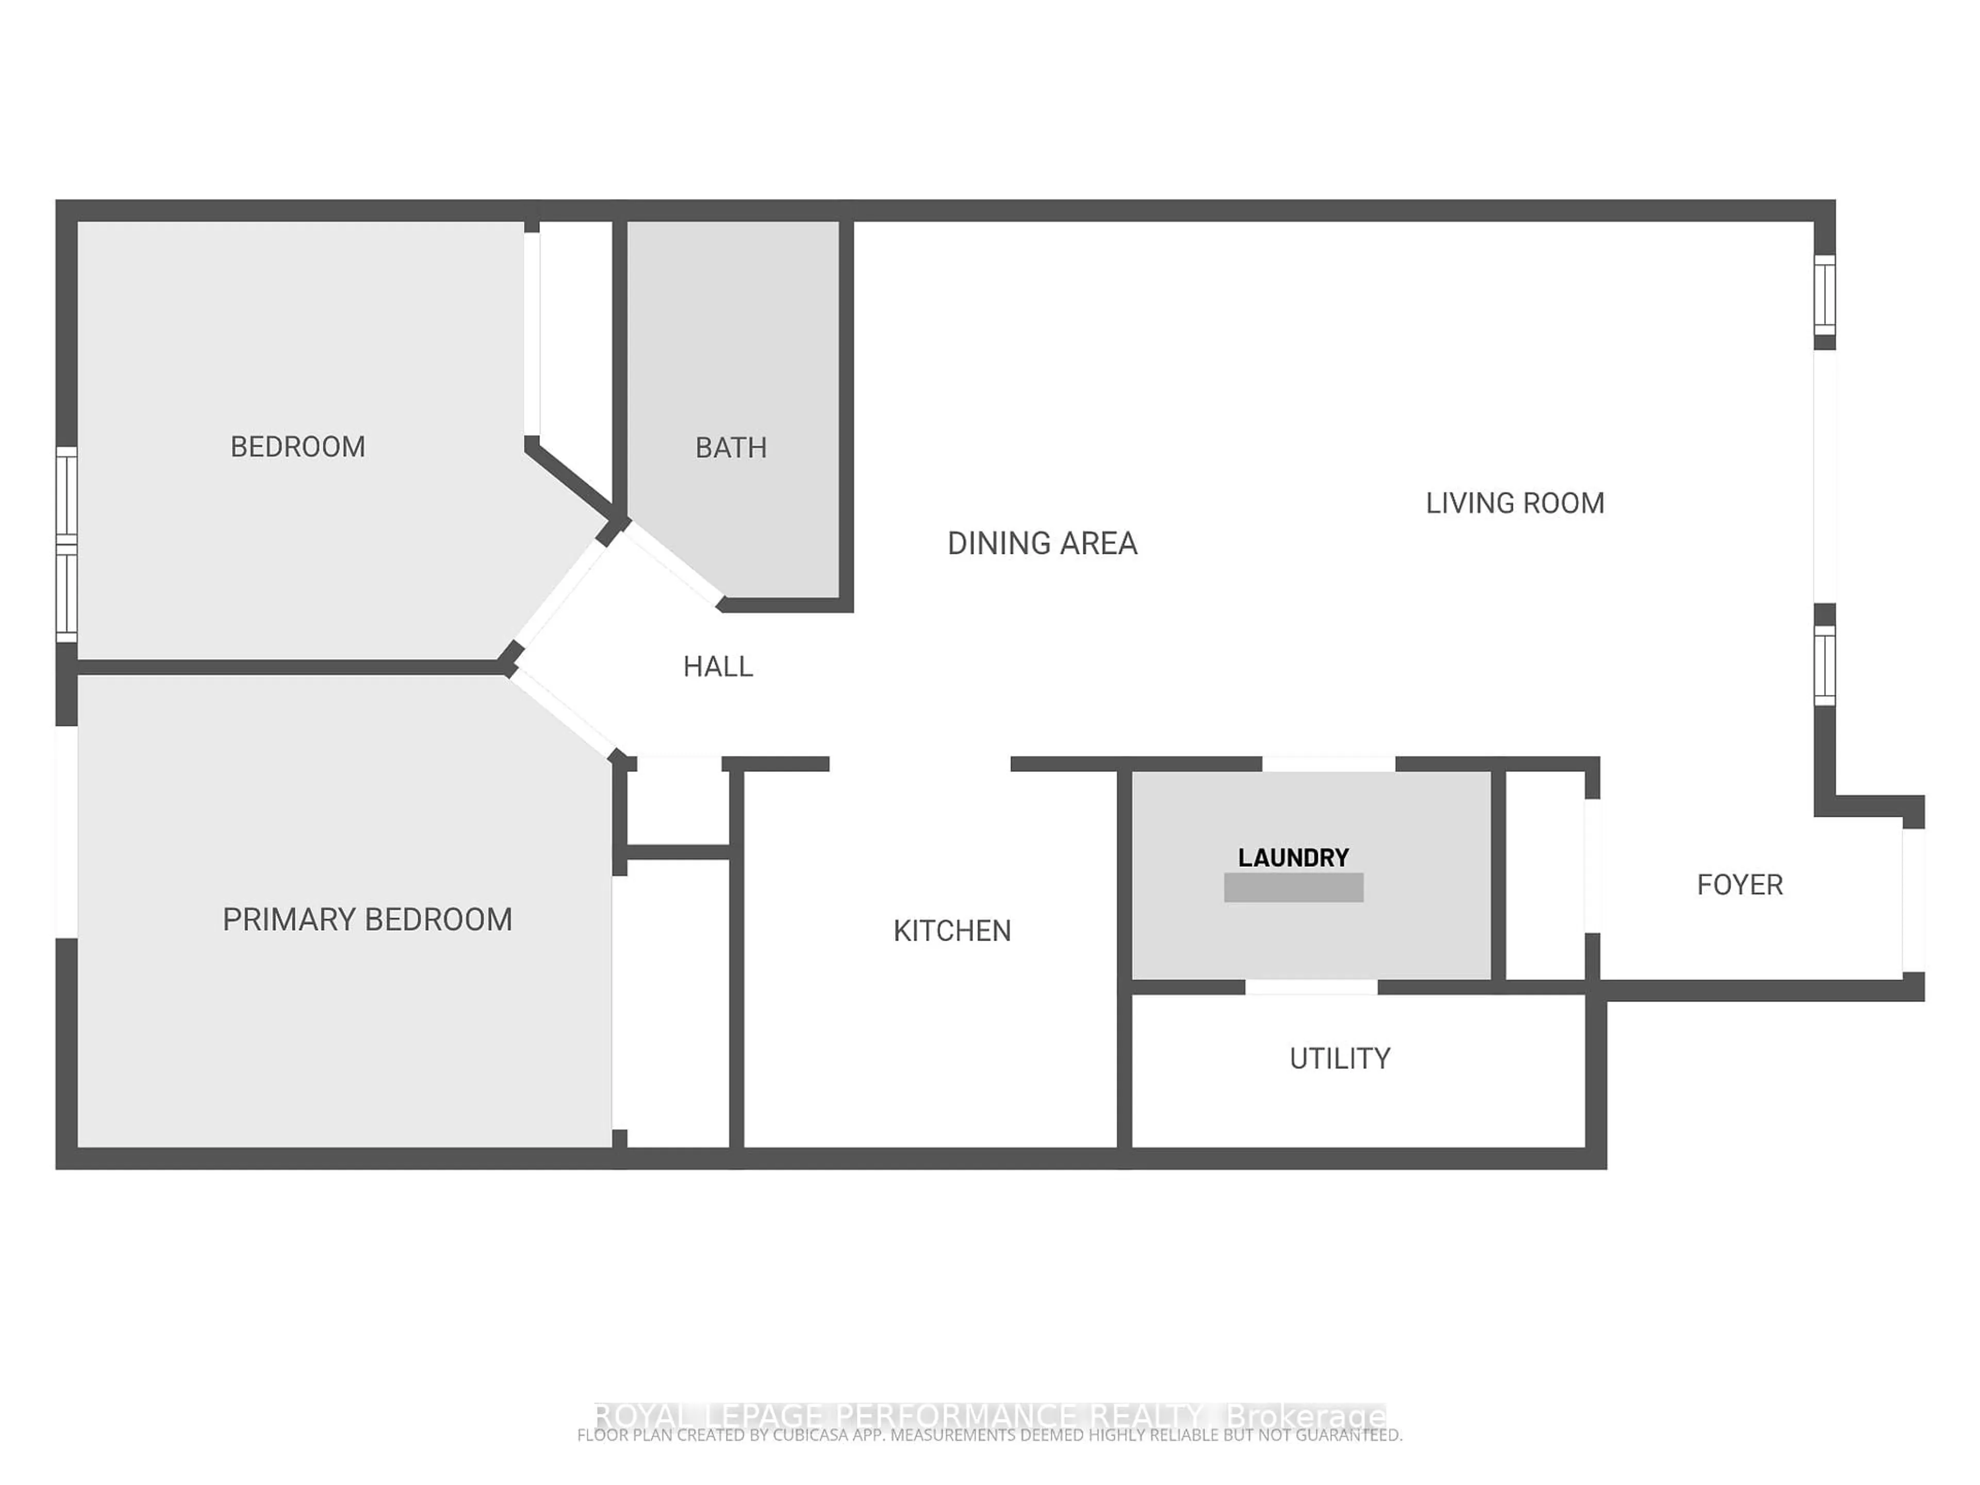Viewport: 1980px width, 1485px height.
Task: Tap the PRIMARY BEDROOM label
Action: click(x=367, y=919)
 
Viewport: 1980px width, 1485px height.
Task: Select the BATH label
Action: click(x=731, y=448)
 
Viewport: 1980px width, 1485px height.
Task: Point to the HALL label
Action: click(x=718, y=667)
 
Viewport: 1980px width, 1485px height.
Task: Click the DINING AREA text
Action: click(x=1042, y=543)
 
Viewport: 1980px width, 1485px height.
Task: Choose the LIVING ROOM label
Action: click(x=1514, y=503)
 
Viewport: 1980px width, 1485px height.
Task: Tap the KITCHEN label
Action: click(x=951, y=931)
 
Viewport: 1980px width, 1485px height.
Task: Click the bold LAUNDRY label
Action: click(x=1293, y=857)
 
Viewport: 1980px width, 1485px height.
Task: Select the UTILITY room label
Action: click(x=1339, y=1059)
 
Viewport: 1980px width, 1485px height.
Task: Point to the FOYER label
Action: click(x=1739, y=885)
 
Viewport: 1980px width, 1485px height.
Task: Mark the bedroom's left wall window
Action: click(x=66, y=544)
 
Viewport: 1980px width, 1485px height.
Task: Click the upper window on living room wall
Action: click(x=1824, y=294)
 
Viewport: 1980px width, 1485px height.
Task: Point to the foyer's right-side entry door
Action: click(x=1913, y=900)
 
